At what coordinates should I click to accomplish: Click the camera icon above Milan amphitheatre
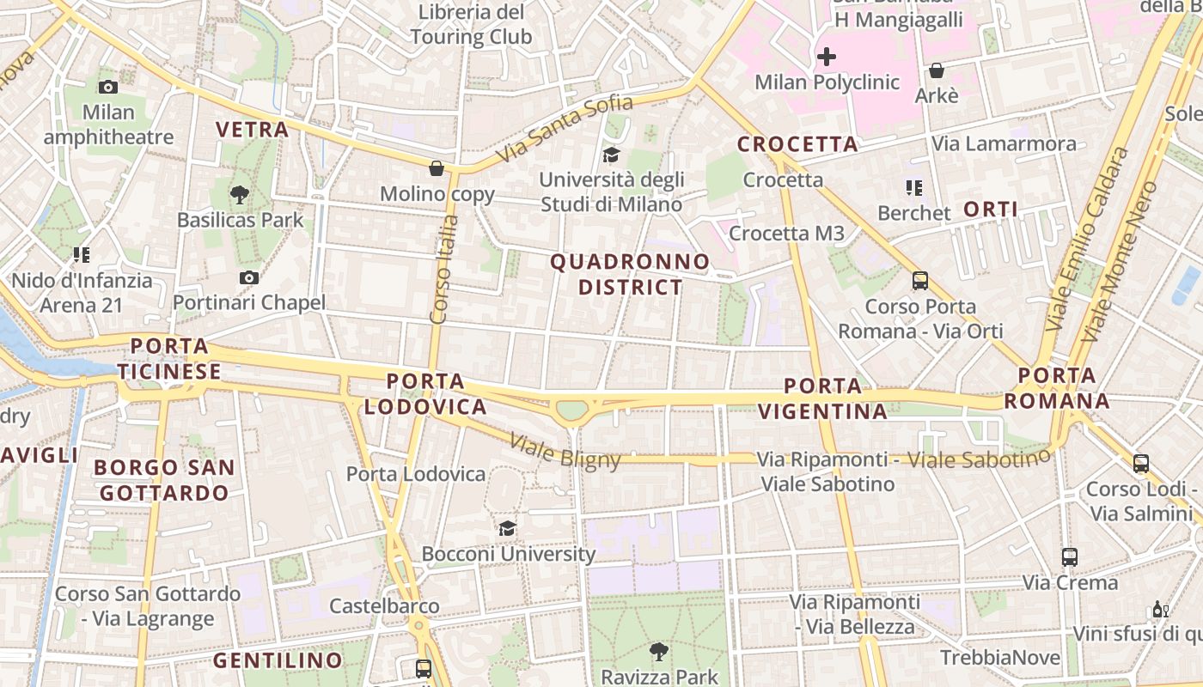point(108,87)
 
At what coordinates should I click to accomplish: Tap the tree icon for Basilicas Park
point(240,195)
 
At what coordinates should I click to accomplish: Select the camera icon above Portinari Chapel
point(249,277)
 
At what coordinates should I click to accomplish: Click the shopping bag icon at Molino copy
point(437,168)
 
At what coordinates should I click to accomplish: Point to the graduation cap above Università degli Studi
point(611,155)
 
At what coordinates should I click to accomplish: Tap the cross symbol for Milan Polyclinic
point(827,57)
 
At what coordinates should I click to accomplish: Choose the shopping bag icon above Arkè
point(937,70)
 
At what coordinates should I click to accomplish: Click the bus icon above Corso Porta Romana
point(920,281)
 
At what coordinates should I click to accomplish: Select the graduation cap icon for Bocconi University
point(508,528)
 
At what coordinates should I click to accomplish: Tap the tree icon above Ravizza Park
point(659,652)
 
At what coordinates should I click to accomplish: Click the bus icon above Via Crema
point(1069,557)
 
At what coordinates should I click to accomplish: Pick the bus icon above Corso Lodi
point(1140,464)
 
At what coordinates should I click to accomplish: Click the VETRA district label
point(252,130)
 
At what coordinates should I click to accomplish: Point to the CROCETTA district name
point(797,144)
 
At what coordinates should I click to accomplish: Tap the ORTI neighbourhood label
point(991,210)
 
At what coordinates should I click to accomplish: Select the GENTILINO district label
point(278,660)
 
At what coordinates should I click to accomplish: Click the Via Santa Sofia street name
point(565,130)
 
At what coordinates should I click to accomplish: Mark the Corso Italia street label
point(444,269)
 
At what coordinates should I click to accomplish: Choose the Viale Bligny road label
point(565,452)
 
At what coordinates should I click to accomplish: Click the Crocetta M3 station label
point(786,234)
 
